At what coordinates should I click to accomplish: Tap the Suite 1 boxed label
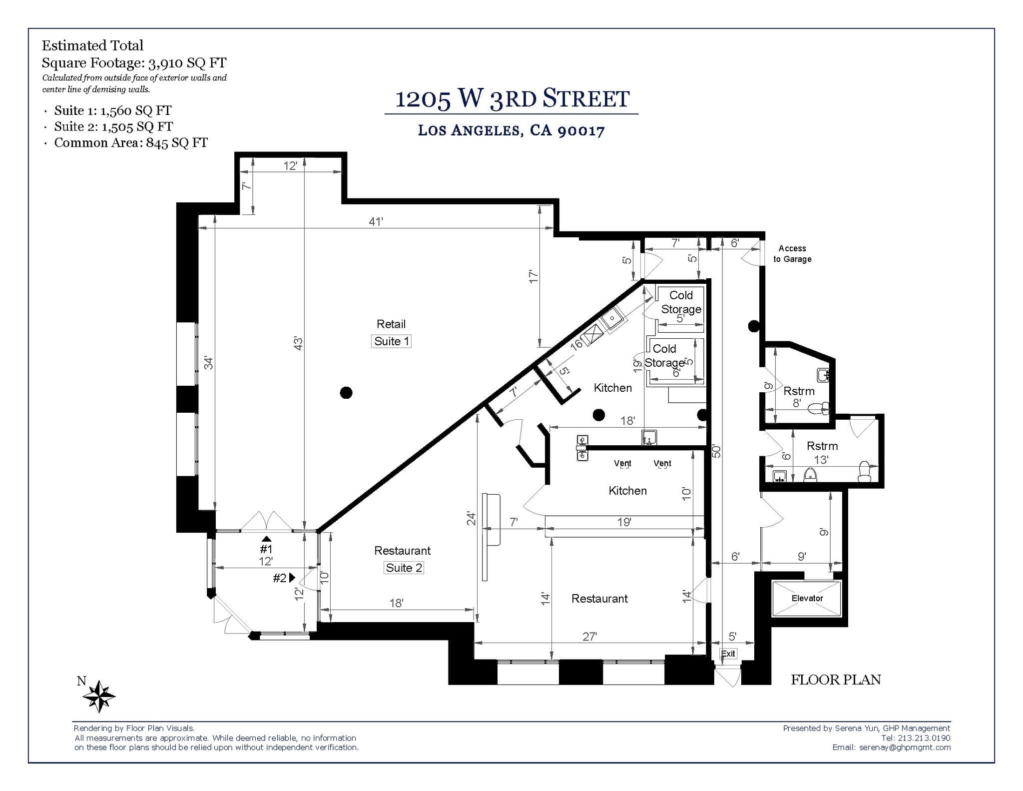coord(391,341)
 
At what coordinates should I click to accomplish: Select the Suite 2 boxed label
coord(404,568)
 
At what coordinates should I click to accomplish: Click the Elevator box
coord(807,599)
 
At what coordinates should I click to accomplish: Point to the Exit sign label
coord(728,654)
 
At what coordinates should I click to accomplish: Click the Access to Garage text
coord(792,254)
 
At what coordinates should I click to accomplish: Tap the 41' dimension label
coord(376,221)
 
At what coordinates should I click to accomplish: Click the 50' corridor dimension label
coord(717,451)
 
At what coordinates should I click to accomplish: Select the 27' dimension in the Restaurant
coord(589,637)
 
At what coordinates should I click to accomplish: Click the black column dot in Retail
coord(346,393)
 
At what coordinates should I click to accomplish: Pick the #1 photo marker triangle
coord(267,539)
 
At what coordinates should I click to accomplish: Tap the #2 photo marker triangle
coord(292,578)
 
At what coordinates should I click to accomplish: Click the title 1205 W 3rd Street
coord(511,98)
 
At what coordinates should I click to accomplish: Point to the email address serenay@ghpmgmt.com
coord(905,748)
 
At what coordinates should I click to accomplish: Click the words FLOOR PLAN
coord(836,680)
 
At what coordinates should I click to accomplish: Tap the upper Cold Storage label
coord(681,302)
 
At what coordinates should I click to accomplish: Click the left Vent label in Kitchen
coord(622,464)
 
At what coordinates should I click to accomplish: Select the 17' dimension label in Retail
coord(534,277)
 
